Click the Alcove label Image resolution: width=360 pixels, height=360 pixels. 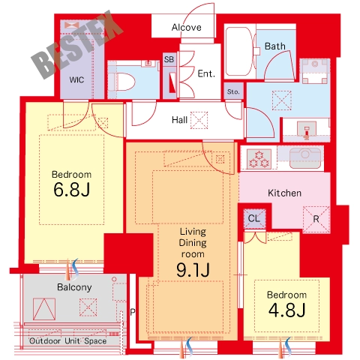point(186,27)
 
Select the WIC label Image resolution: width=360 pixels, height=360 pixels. point(76,80)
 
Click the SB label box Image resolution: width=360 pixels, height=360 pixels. point(169,59)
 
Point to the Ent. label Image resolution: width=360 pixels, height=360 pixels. point(206,73)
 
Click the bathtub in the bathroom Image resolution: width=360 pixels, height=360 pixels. point(239,52)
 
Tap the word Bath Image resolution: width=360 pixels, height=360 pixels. point(275,46)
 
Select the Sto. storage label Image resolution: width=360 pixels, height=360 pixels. point(233,91)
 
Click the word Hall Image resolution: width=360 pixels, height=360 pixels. point(179,120)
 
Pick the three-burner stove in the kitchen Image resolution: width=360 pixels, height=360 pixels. point(259,158)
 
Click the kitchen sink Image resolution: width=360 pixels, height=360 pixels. point(305,157)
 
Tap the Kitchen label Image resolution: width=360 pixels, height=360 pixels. point(284,193)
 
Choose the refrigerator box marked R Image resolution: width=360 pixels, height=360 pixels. point(316,219)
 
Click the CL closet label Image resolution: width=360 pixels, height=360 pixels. point(254,218)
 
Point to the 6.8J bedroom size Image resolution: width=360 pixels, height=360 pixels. point(71,190)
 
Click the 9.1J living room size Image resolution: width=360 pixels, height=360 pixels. point(193,270)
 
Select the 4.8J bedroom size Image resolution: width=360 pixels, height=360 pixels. point(286,310)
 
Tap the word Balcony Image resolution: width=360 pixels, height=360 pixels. point(74,287)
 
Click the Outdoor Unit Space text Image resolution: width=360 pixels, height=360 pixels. point(67,340)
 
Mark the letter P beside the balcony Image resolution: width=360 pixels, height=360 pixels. point(133,312)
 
